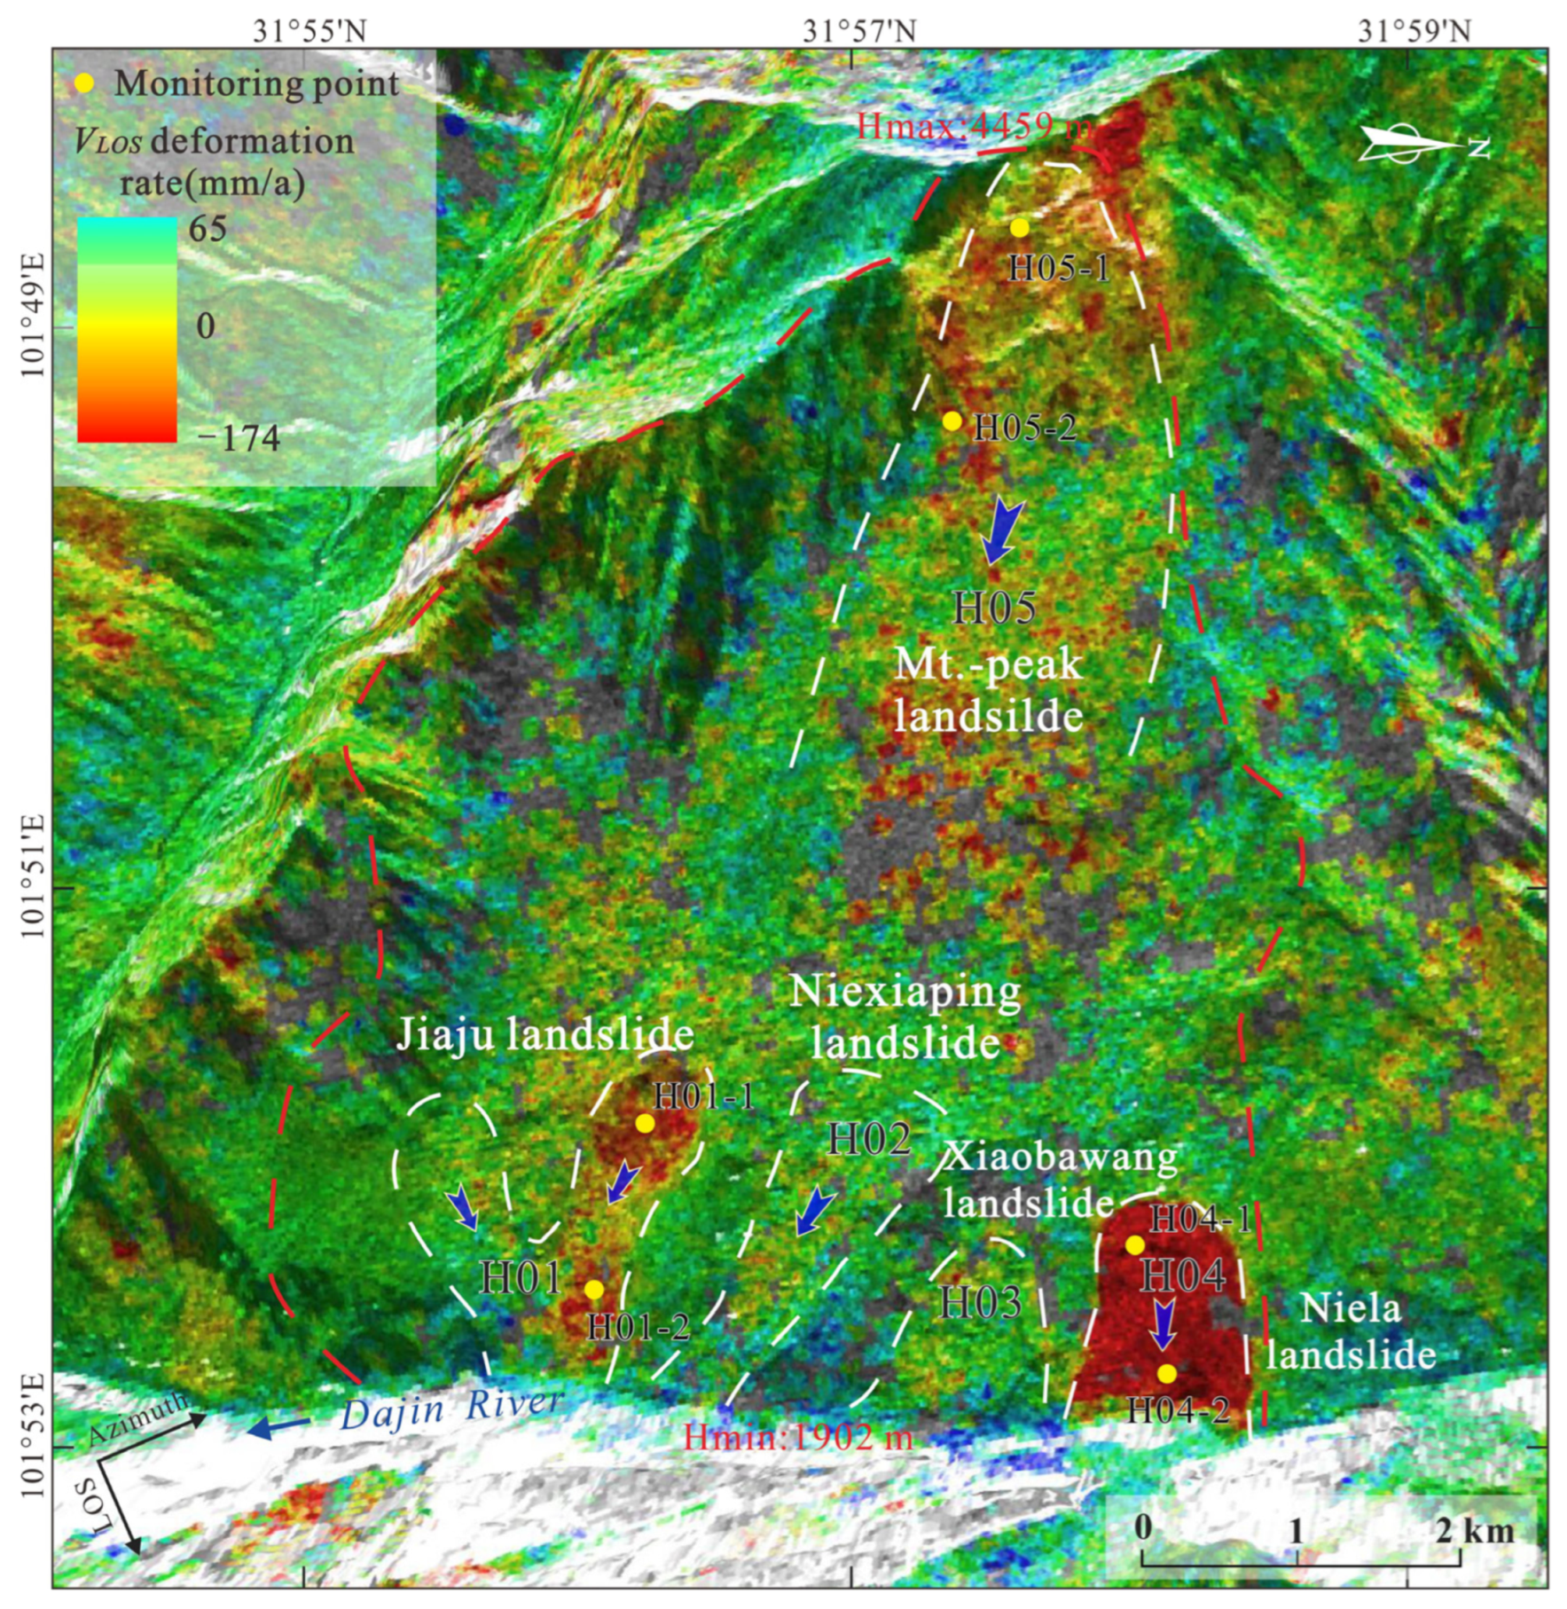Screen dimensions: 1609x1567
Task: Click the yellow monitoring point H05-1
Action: [x=1020, y=228]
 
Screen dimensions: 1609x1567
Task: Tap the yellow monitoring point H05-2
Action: [x=952, y=420]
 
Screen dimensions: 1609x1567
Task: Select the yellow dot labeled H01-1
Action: [x=645, y=1123]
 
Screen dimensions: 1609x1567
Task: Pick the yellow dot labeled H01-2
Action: [x=594, y=1289]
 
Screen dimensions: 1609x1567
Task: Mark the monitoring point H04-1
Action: [x=1134, y=1245]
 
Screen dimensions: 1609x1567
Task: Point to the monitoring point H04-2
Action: [x=1167, y=1373]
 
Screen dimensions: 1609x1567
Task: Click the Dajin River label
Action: [x=451, y=1409]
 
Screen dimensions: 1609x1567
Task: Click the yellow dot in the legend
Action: [x=83, y=83]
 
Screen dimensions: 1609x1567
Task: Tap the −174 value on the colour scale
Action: [x=238, y=438]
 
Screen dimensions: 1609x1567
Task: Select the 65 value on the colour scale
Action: [x=208, y=229]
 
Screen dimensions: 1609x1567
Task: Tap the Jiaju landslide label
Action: [x=544, y=1034]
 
